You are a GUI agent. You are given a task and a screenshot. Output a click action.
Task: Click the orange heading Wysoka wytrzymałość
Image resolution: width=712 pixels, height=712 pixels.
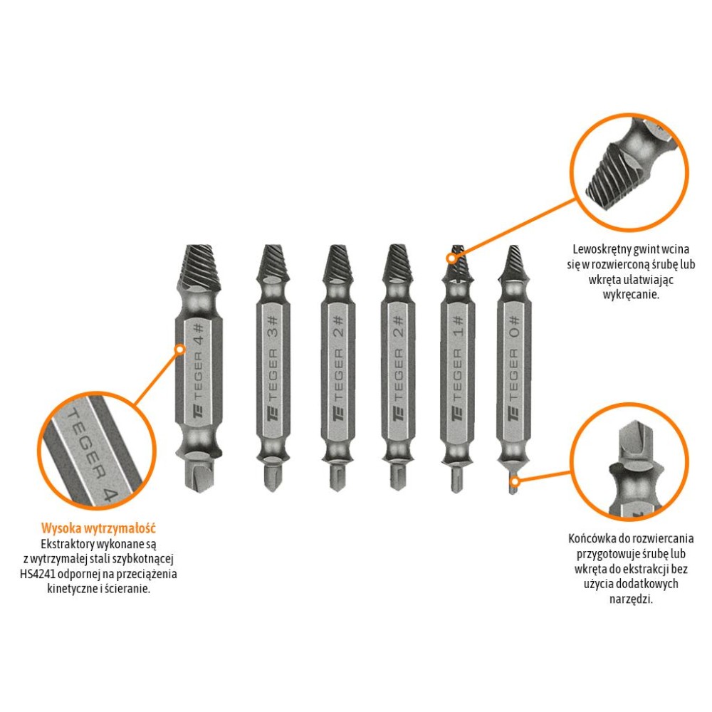98,528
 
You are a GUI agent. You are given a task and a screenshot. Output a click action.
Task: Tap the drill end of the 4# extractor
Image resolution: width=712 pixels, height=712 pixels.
199,473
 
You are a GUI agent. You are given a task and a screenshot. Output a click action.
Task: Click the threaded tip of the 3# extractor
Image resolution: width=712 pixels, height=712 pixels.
273,263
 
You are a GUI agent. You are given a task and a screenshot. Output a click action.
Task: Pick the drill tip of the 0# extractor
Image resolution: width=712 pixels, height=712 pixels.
513,484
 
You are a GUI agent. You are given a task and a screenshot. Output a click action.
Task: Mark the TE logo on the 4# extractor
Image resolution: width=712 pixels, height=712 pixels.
199,411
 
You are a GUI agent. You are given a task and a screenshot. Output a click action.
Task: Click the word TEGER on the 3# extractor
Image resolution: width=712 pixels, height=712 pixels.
273,375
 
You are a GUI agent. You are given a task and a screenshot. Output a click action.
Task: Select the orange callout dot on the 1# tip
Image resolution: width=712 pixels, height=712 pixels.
451,258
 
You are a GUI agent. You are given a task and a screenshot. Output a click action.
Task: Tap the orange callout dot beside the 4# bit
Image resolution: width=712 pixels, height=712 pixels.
180,349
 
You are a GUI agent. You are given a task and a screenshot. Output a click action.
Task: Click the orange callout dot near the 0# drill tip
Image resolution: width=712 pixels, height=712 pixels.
516,481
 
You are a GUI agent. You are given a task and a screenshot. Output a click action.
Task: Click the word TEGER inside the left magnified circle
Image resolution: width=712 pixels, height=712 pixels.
86,444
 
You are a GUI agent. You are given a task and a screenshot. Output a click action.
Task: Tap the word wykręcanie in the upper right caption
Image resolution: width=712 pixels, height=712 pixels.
631,294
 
